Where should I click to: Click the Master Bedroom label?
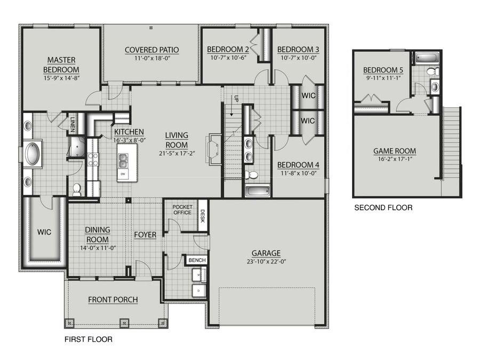61,65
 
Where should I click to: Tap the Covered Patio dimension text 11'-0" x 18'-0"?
152,58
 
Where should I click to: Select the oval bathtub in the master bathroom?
32,154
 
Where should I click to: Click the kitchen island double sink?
123,161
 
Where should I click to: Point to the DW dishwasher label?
123,174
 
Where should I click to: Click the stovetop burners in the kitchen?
93,159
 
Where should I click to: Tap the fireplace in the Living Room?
215,149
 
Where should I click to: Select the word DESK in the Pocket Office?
203,215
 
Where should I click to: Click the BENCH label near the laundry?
197,260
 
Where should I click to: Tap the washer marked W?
199,275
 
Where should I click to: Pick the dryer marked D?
199,291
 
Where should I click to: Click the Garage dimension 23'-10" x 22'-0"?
266,262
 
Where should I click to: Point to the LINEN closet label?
73,124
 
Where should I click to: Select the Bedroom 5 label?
383,70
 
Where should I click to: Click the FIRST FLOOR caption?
89,339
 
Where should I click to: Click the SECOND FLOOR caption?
383,207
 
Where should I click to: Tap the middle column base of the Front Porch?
124,323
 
